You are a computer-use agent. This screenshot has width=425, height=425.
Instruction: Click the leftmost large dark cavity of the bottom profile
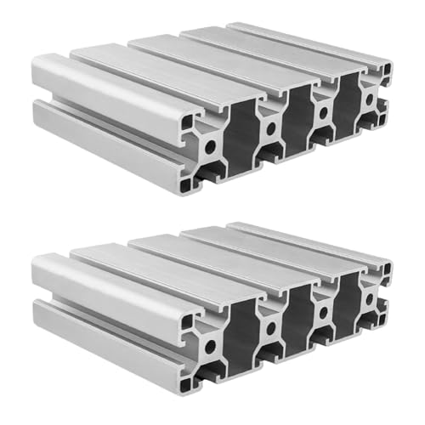(241, 337)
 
